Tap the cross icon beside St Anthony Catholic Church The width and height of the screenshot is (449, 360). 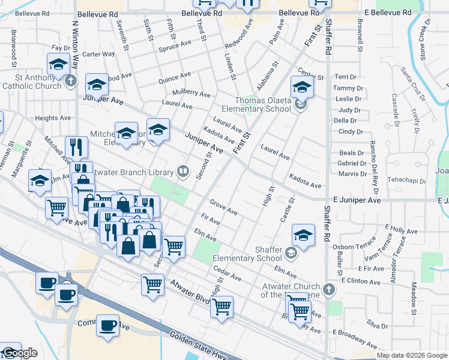(71, 80)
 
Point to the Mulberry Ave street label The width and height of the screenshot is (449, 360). (191, 93)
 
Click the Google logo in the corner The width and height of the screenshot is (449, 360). (19, 353)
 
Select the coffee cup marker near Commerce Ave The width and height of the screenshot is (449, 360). (108, 326)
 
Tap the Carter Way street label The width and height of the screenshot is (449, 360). (98, 54)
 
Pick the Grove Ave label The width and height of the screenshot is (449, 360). (223, 208)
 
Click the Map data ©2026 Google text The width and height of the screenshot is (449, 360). (412, 355)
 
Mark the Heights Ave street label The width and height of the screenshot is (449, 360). (53, 118)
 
